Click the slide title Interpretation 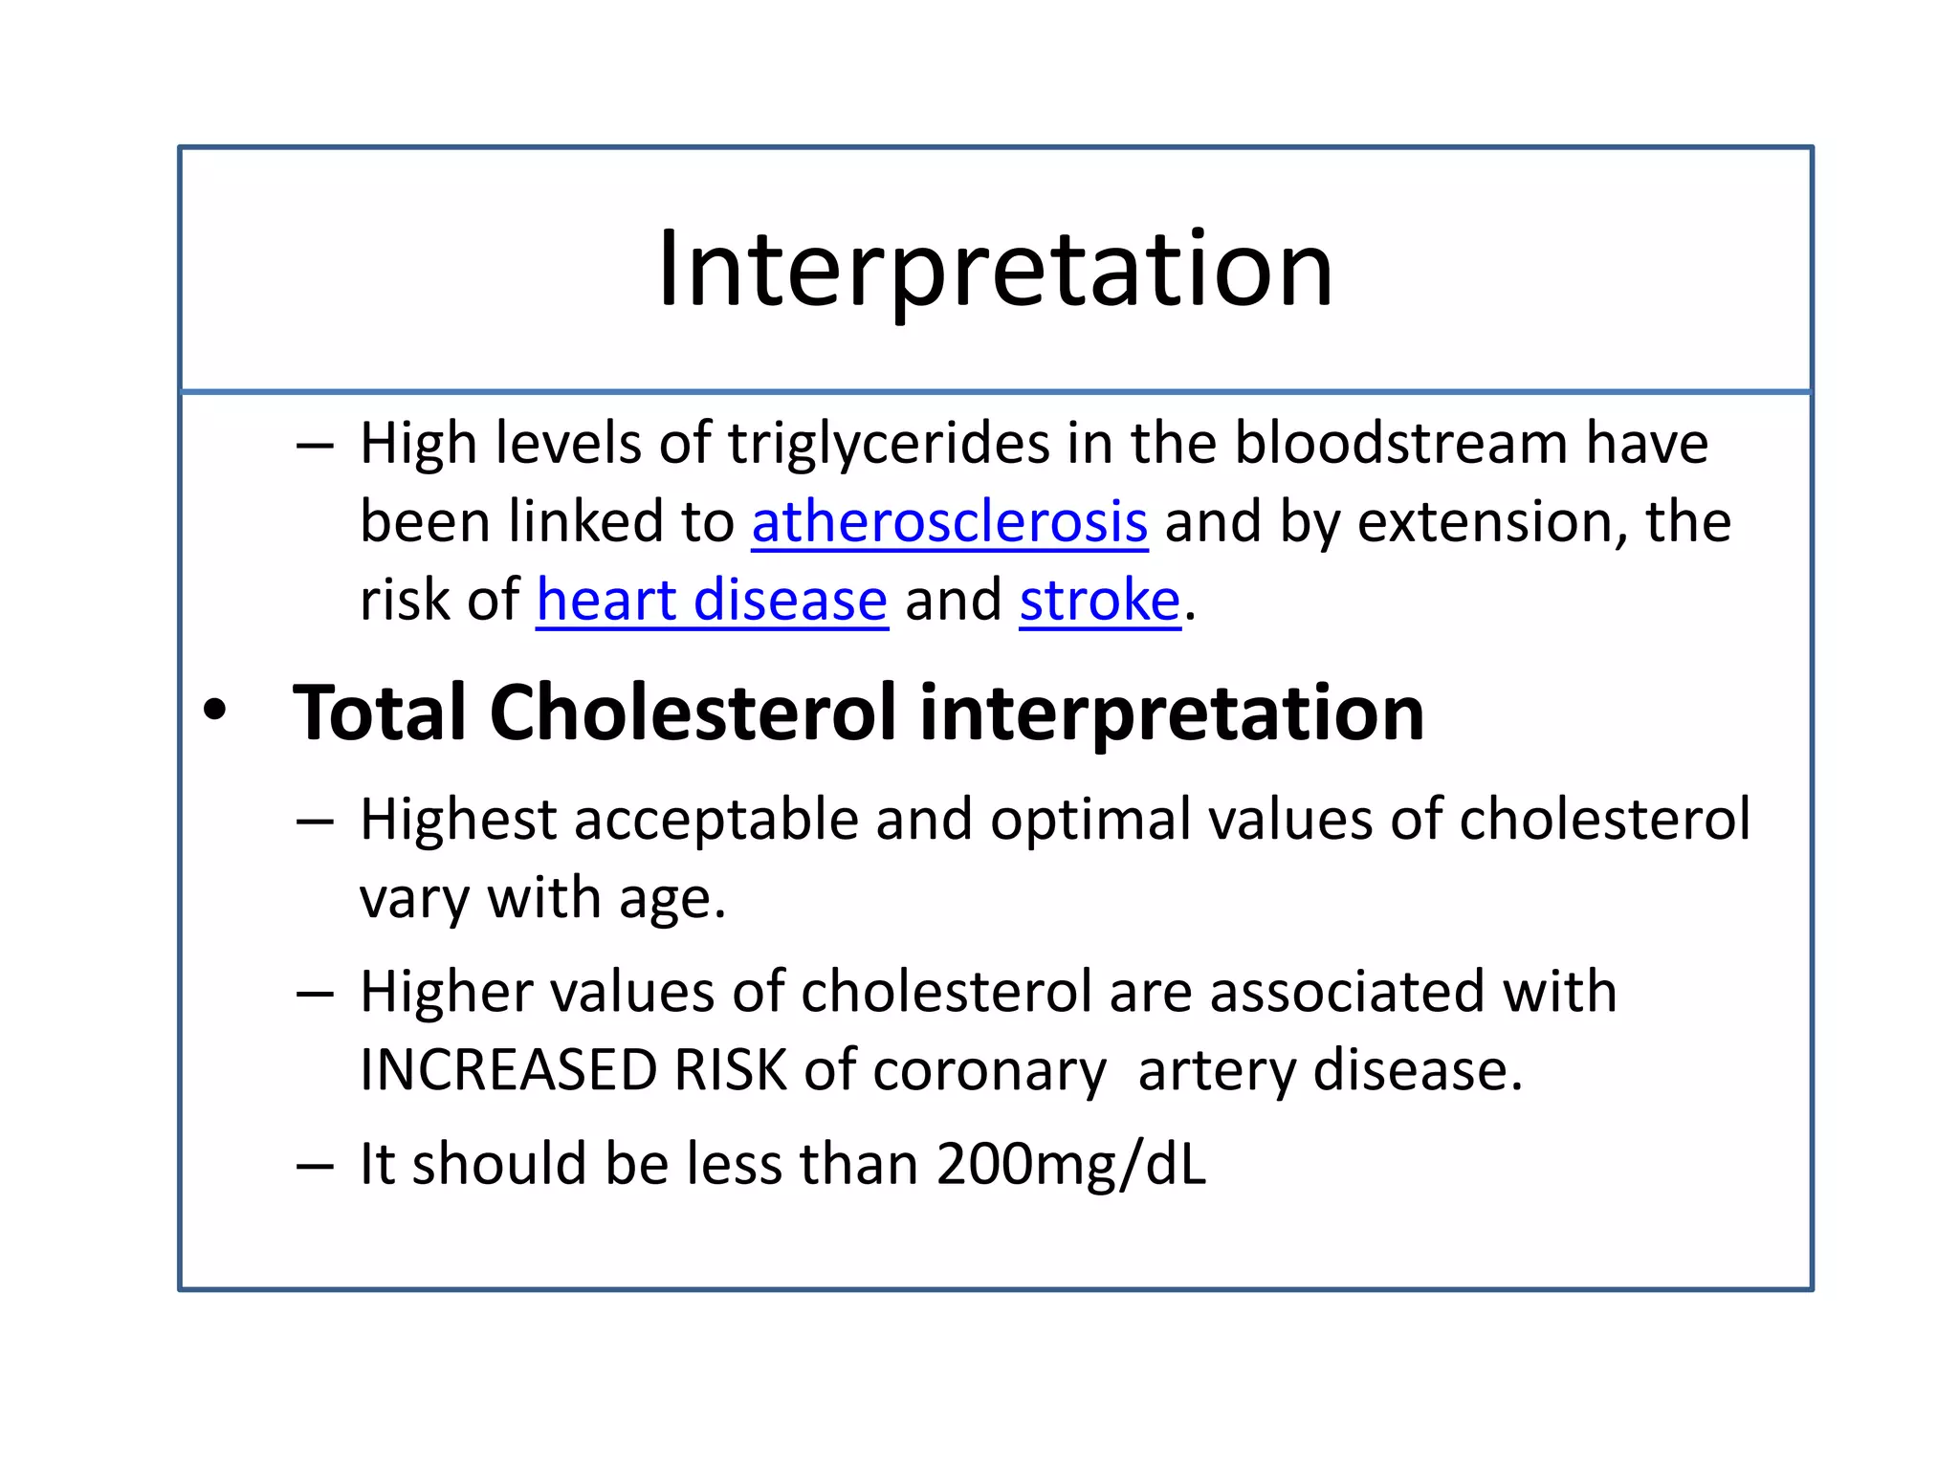pyautogui.click(x=995, y=270)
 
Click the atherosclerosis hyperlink pyautogui.click(x=949, y=523)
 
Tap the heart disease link pyautogui.click(x=712, y=602)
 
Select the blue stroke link pyautogui.click(x=1099, y=602)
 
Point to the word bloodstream pyautogui.click(x=1400, y=443)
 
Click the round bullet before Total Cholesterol pyautogui.click(x=215, y=712)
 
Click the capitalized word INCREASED pyautogui.click(x=508, y=1070)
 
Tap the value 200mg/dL pyautogui.click(x=1071, y=1166)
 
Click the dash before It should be pyautogui.click(x=315, y=1166)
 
